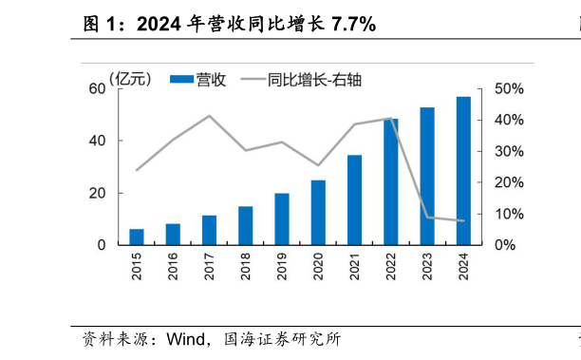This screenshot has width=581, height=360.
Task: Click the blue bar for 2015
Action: [x=137, y=237]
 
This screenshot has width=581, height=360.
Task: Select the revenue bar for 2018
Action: [x=246, y=225]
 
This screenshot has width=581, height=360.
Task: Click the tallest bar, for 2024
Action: [x=463, y=170]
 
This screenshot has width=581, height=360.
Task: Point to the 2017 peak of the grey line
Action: [x=210, y=116]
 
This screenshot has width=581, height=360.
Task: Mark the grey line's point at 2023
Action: [x=427, y=218]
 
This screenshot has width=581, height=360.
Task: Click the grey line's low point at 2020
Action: [x=318, y=165]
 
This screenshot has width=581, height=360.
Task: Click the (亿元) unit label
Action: [x=130, y=79]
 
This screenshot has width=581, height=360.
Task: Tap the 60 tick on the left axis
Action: [x=97, y=89]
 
